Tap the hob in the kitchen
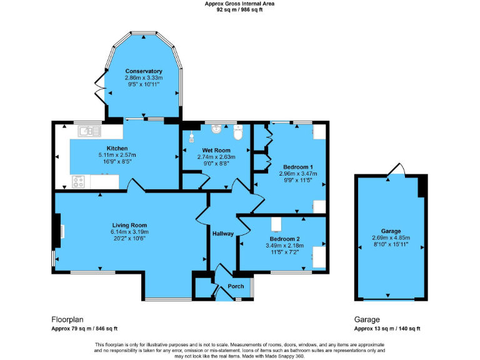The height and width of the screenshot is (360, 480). [79, 182]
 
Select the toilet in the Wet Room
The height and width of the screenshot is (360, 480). [237, 132]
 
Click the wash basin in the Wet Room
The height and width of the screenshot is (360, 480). [216, 129]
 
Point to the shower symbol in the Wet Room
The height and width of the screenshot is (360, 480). [192, 136]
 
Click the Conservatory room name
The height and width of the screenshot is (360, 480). [143, 71]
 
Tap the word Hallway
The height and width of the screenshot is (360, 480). [222, 234]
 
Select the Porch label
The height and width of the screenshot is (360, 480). [236, 287]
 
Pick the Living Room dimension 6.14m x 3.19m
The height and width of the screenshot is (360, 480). [129, 232]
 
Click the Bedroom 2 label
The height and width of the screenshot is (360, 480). [284, 239]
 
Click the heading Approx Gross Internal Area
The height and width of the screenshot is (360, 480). [239, 4]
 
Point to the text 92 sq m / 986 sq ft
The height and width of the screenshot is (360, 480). [239, 10]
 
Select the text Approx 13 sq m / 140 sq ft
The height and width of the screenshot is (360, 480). [387, 328]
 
